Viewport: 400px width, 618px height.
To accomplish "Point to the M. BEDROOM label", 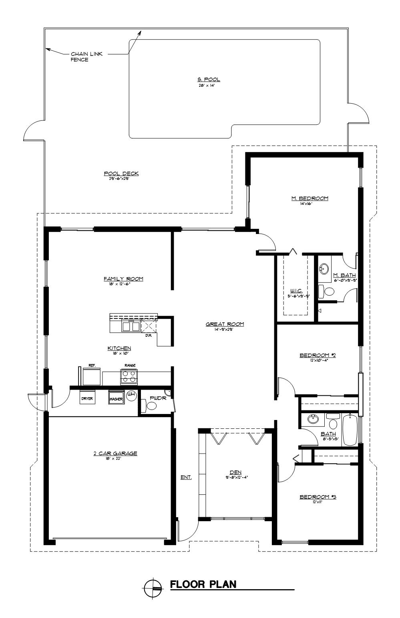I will tap(310, 198).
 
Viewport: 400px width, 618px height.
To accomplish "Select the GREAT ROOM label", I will tap(225, 324).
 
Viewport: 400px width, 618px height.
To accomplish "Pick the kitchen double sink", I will tap(131, 326).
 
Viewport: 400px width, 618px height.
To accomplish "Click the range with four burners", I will tap(129, 376).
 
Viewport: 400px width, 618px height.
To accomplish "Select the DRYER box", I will tap(87, 398).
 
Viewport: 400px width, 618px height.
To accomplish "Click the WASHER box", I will tap(116, 398).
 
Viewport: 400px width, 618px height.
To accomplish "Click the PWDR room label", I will tap(155, 398).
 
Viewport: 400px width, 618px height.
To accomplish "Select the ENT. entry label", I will tap(186, 477).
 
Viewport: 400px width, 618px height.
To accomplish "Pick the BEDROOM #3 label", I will tap(318, 497).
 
